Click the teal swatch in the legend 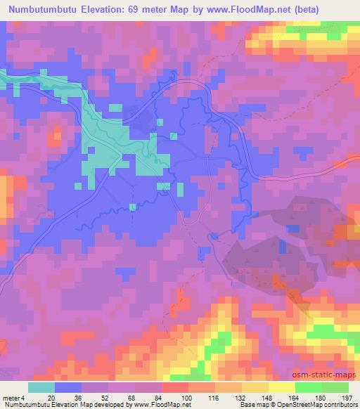(41, 387)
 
